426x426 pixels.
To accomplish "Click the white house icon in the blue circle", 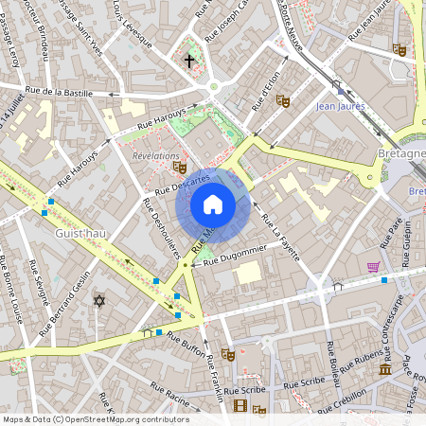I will [x=213, y=204].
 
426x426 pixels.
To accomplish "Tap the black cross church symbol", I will [x=189, y=62].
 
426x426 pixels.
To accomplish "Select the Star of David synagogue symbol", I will [x=98, y=300].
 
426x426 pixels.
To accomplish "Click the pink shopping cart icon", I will [x=373, y=267].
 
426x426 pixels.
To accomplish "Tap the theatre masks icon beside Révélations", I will [x=180, y=168].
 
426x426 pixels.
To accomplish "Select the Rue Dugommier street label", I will [x=236, y=253].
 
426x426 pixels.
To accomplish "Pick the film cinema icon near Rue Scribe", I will [x=240, y=406].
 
